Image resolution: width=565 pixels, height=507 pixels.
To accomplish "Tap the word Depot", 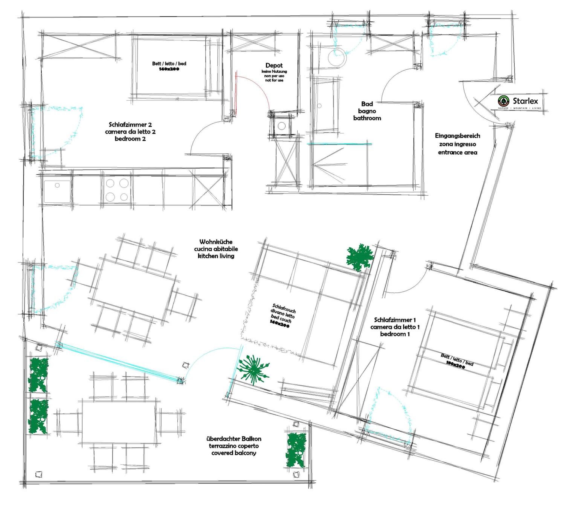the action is pos(274,65).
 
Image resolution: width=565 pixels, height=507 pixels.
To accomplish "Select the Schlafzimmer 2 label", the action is pos(130,125).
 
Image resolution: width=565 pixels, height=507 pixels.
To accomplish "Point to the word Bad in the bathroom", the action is pos(367,104).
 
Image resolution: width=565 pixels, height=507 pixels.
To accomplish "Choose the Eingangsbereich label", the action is pos(457,136).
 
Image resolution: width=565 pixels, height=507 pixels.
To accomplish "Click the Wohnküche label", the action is pos(216,242).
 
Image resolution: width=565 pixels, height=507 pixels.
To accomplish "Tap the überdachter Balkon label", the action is pos(234,439).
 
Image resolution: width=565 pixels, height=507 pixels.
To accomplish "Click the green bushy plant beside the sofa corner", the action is pos(360,257).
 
